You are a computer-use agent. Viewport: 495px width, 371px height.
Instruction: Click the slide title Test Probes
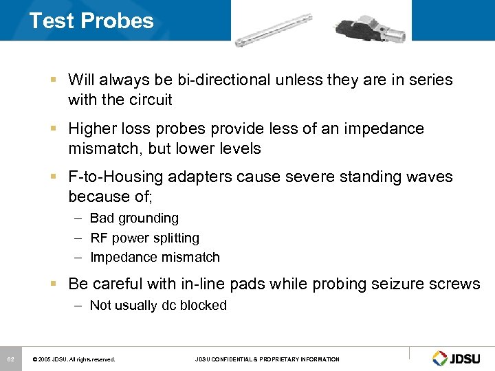pos(91,21)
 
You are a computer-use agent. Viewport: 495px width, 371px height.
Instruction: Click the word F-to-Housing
pos(115,177)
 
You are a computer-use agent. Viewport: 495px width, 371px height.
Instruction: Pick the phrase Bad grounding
pos(134,218)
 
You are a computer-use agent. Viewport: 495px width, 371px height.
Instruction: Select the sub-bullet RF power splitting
pos(144,238)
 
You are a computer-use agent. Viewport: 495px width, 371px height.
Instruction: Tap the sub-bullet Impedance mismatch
pos(155,258)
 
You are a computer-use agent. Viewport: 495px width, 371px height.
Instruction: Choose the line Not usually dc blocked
pos(158,305)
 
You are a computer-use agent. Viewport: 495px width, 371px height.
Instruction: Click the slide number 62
pos(11,359)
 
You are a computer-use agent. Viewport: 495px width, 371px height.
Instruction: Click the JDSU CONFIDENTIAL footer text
pos(267,359)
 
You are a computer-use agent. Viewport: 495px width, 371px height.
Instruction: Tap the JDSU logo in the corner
pos(458,358)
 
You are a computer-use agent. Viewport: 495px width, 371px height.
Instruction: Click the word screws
pos(457,284)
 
